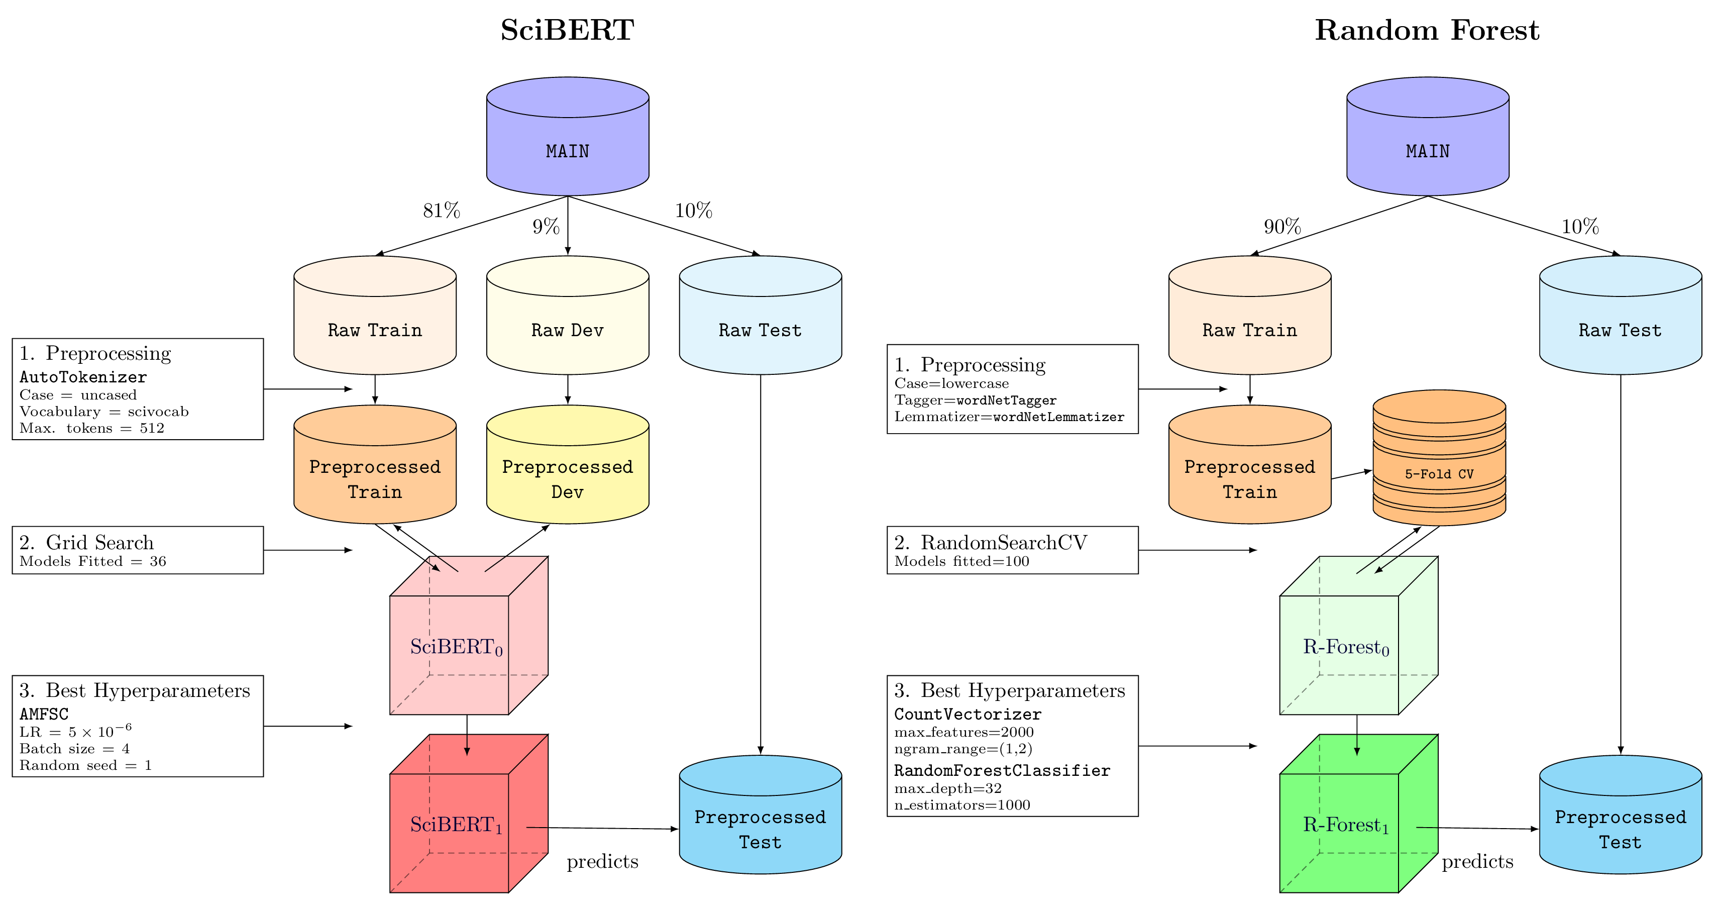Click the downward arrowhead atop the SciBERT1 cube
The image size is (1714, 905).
[467, 751]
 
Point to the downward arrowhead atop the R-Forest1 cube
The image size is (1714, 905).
[1357, 751]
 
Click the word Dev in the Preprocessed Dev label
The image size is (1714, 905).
[567, 492]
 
